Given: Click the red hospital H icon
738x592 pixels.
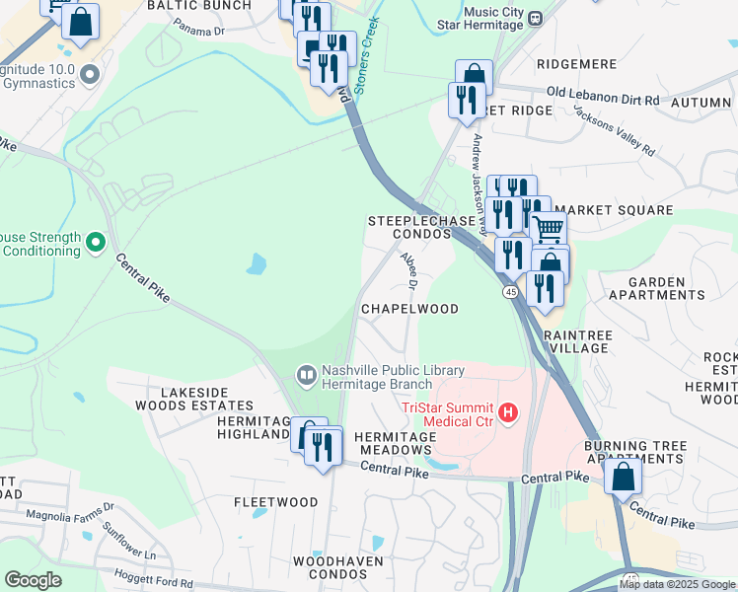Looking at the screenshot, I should [508, 412].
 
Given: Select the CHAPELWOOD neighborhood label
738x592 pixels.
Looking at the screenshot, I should [409, 309].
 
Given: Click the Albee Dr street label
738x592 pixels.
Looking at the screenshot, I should [409, 268].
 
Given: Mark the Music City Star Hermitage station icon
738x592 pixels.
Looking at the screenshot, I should [534, 18].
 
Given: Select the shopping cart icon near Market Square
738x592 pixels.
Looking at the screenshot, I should [549, 229].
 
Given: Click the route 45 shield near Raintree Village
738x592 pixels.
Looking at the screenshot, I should [510, 292].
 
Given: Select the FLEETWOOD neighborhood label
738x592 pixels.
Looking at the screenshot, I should [276, 502].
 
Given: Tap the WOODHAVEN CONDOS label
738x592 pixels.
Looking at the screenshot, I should [332, 567].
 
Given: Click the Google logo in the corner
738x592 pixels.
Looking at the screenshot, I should [33, 580].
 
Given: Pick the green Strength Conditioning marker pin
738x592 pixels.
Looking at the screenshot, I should [96, 241].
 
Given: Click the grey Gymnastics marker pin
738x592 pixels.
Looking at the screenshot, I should [91, 74].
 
